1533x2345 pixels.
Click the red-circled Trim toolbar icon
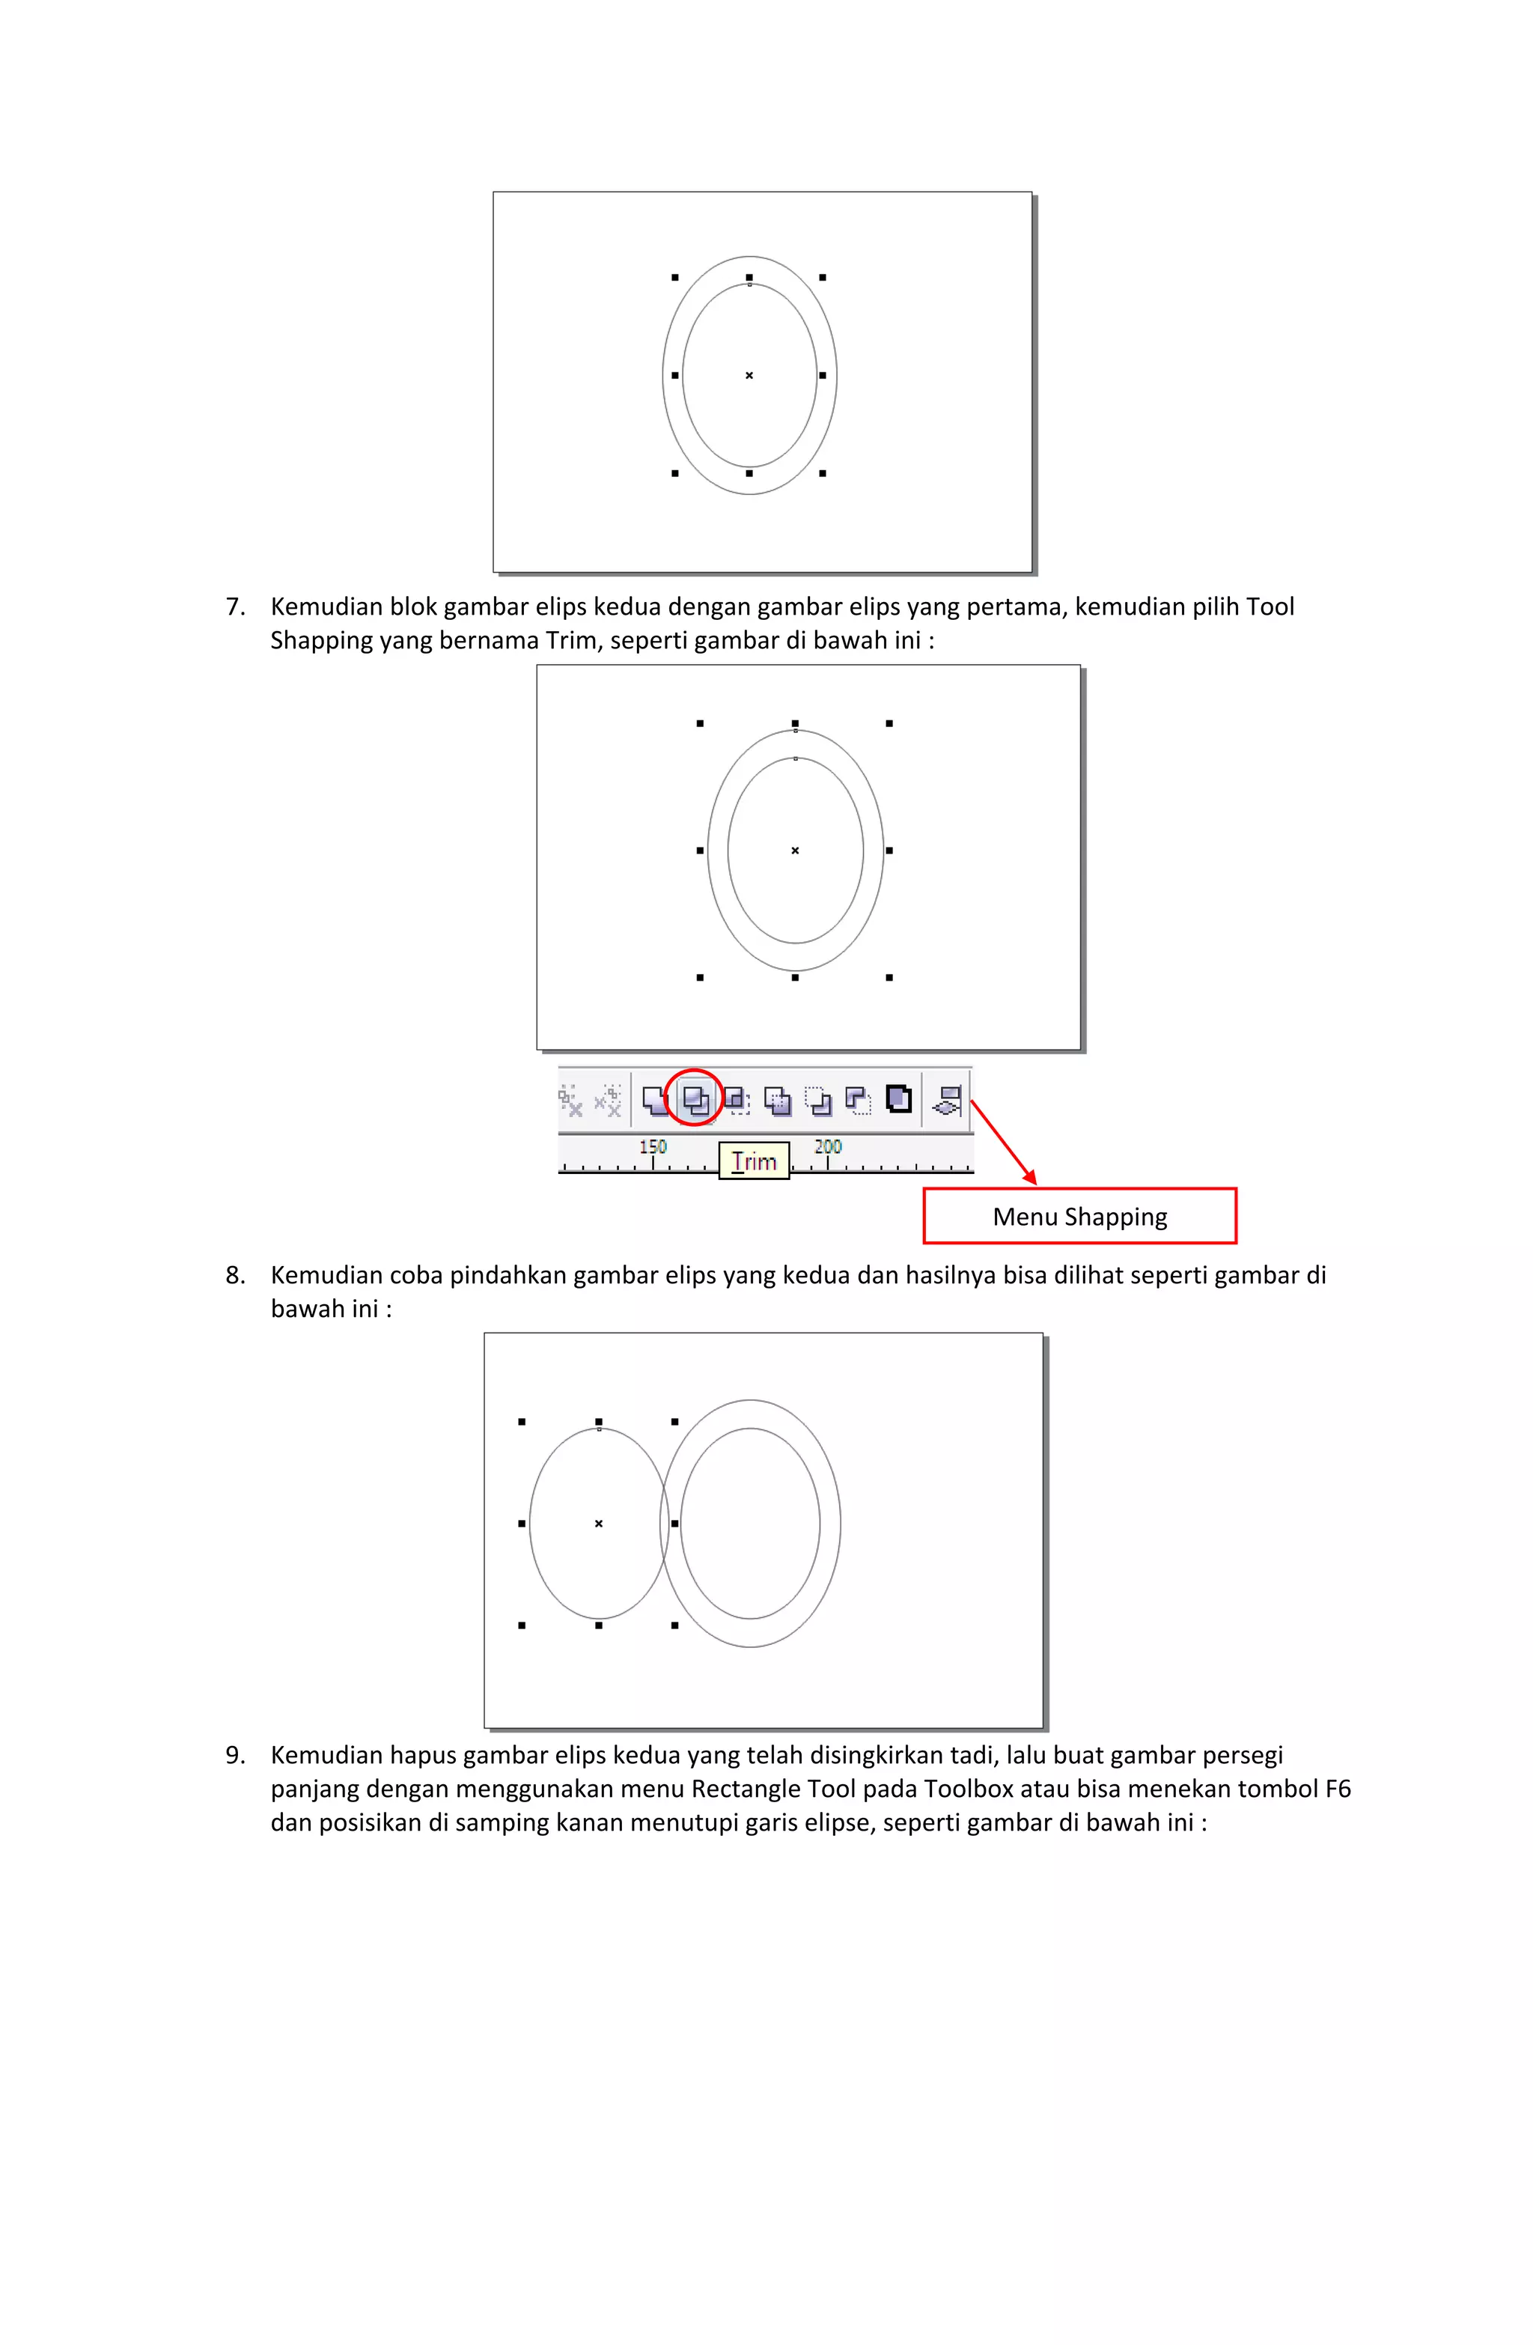[x=694, y=1097]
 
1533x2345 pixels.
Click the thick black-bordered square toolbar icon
[x=897, y=1098]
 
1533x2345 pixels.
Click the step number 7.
[x=234, y=607]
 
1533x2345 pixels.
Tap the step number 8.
[x=234, y=1275]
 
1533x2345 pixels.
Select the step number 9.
[x=234, y=1755]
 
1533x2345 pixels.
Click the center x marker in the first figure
[x=749, y=375]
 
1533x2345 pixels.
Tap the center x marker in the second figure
[x=795, y=851]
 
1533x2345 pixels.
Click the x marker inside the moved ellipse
[x=598, y=1523]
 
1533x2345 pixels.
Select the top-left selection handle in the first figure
[x=675, y=278]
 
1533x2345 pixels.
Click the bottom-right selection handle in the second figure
[x=889, y=977]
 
